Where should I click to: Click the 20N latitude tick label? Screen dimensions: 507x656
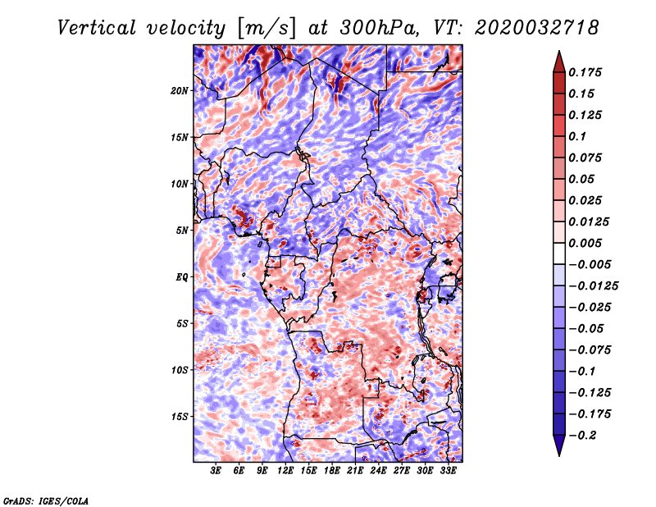tap(180, 90)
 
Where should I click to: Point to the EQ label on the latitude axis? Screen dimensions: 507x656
tap(181, 276)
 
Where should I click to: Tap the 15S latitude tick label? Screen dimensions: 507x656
tap(180, 416)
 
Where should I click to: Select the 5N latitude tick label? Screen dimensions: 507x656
tap(181, 230)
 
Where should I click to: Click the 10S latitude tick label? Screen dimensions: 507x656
tap(180, 370)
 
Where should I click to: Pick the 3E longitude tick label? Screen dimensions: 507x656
tap(216, 472)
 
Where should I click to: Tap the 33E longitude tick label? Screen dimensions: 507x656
tap(449, 472)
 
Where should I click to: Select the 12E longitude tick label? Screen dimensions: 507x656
tap(286, 472)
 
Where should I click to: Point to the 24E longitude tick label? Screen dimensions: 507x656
tap(379, 472)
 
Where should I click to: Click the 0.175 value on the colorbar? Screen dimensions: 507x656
tap(586, 72)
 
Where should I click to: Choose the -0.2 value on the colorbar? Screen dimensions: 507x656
tap(584, 436)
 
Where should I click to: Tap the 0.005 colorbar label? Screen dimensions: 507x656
tap(586, 243)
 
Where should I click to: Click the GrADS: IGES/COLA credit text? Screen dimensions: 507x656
tap(45, 500)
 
